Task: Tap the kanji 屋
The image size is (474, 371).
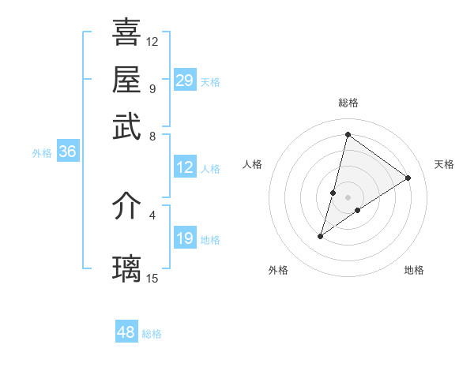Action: pos(127,79)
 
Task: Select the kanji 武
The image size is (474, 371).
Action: pos(127,127)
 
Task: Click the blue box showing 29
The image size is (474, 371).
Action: pos(185,80)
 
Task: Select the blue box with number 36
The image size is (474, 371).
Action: pos(67,152)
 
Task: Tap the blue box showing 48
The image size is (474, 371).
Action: pos(126,332)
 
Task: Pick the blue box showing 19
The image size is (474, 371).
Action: pos(185,238)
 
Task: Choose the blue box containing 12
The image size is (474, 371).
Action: pos(185,167)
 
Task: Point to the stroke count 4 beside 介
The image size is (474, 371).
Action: pos(152,214)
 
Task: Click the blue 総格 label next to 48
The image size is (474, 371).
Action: pos(152,334)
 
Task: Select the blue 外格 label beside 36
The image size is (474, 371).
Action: pos(42,153)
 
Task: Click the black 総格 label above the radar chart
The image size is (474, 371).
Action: pos(348,103)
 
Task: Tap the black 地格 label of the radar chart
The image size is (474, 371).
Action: pos(414,270)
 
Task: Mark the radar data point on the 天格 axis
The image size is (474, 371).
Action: pos(408,178)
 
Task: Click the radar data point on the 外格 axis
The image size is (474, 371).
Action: pos(321,235)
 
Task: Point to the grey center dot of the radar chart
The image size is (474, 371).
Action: pos(348,197)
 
